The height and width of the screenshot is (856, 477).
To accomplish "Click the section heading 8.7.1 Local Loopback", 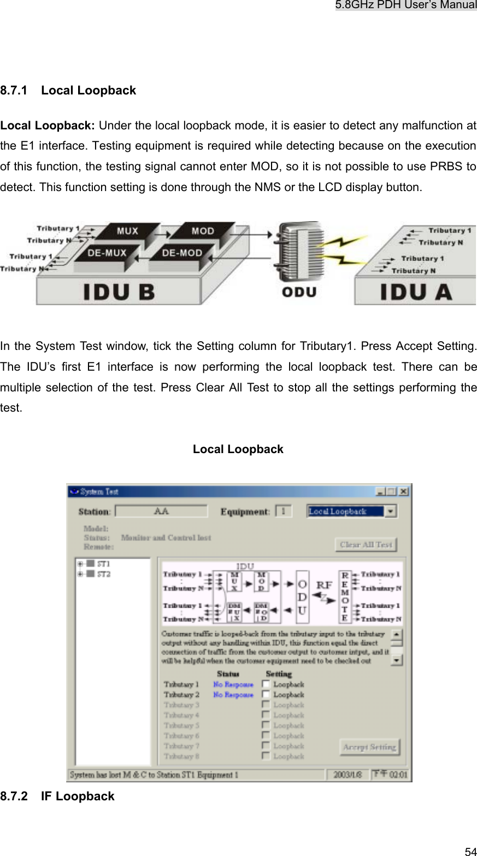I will (68, 91).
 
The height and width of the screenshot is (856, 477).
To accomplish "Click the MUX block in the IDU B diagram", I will (127, 231).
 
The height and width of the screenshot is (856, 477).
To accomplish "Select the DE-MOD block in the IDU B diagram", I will (182, 253).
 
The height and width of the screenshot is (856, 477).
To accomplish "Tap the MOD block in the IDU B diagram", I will (202, 231).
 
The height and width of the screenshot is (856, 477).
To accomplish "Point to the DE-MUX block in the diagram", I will (107, 253).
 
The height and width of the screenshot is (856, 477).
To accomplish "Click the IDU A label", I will (416, 292).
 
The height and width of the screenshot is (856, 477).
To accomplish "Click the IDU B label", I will (119, 292).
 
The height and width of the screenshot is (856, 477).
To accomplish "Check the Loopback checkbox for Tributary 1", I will (266, 684).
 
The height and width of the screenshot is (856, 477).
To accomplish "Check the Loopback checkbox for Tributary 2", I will (266, 694).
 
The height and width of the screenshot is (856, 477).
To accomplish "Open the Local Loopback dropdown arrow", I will (391, 512).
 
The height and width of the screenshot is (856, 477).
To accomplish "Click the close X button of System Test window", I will (403, 491).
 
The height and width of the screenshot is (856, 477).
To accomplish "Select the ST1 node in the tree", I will (103, 563).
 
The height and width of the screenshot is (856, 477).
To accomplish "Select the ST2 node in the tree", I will (103, 574).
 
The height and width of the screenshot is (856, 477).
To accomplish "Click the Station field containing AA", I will (161, 512).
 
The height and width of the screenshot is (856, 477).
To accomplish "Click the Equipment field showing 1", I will (284, 512).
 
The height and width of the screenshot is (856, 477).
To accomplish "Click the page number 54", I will (470, 851).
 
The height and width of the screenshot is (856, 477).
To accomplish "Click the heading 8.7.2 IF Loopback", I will (57, 796).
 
